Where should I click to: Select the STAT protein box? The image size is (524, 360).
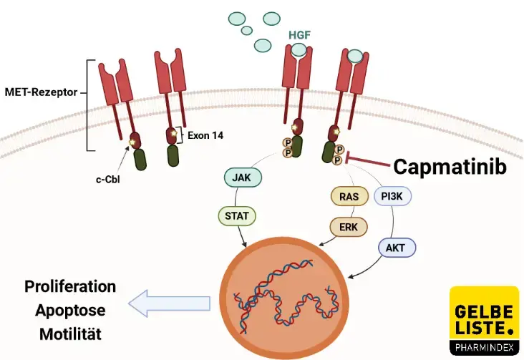[x=236, y=214]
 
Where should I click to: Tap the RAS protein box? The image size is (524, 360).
[x=348, y=195]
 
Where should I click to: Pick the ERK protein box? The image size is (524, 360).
[x=349, y=227]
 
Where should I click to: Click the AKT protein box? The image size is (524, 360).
[x=396, y=248]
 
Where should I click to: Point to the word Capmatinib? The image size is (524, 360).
[x=450, y=167]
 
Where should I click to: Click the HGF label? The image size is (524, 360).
[x=299, y=34]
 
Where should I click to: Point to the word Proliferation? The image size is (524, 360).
[x=70, y=287]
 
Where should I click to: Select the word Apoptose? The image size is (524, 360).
[x=70, y=310]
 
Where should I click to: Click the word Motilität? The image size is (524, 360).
[x=70, y=334]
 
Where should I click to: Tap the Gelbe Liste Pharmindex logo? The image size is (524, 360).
[x=484, y=321]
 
